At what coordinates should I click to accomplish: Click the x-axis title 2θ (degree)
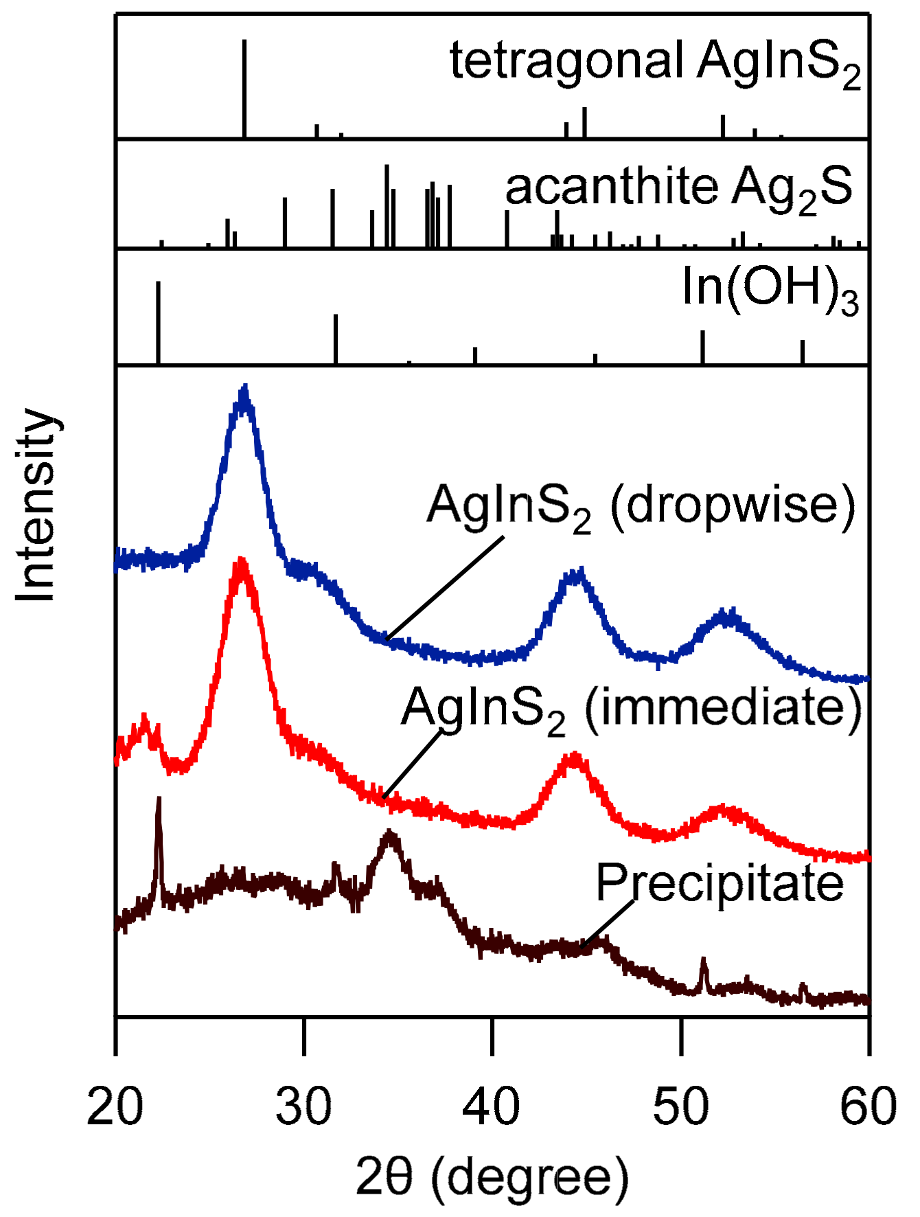(492, 1177)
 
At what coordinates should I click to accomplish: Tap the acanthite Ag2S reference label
(679, 188)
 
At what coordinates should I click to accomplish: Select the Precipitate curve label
(720, 883)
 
